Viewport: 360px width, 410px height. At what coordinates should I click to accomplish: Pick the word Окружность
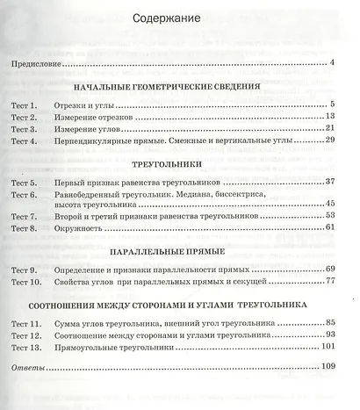point(90,227)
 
